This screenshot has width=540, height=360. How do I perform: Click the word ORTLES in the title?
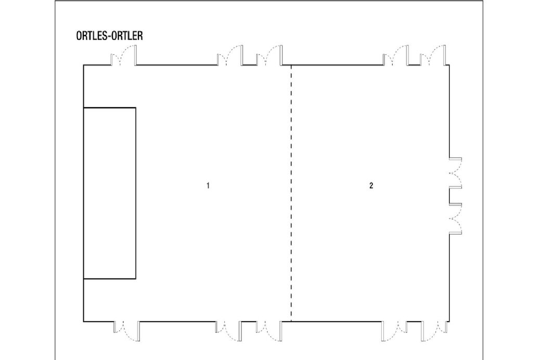tap(91, 36)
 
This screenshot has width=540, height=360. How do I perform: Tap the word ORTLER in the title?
tap(127, 36)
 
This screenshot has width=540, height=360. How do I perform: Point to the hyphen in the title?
tap(109, 36)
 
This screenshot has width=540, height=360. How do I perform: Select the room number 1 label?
tap(208, 186)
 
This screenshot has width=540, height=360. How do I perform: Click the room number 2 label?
tap(371, 186)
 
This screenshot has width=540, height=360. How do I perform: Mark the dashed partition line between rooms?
tap(291, 193)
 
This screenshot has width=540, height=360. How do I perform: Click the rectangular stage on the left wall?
tap(110, 193)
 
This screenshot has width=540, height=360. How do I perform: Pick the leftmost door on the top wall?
tap(123, 55)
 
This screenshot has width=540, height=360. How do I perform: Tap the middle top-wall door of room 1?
tap(230, 55)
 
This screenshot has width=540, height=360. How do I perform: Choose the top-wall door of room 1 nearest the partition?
tap(269, 55)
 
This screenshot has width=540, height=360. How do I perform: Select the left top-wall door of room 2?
tap(396, 55)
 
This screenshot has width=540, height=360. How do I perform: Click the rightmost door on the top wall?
tap(433, 55)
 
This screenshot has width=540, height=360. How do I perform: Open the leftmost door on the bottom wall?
tap(127, 331)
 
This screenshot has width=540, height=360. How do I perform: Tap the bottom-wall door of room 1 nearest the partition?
tap(268, 331)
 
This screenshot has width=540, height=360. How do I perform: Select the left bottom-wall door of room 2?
tap(395, 331)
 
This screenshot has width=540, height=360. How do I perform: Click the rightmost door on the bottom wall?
tap(434, 331)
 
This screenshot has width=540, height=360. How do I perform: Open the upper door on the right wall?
tap(455, 173)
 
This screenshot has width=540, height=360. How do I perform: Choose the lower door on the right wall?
tap(455, 219)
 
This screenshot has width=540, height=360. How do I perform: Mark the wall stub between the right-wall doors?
tap(455, 196)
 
